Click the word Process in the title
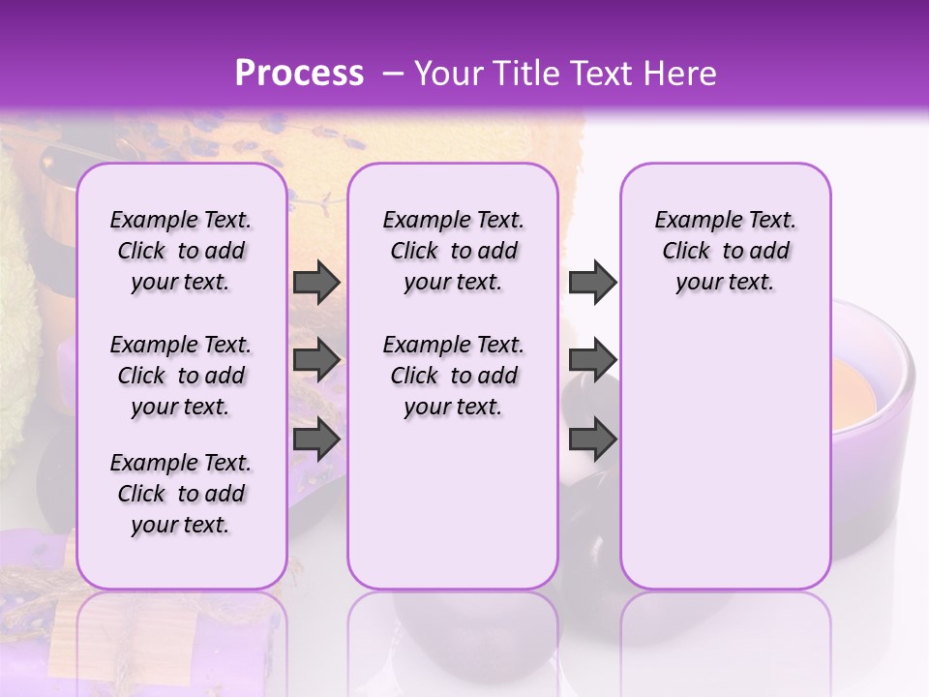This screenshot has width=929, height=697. (299, 74)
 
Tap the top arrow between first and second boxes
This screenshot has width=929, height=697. (316, 282)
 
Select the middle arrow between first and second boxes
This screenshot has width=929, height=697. (316, 360)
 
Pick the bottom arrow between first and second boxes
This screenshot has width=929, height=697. (316, 439)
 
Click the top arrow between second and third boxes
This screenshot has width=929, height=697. (592, 282)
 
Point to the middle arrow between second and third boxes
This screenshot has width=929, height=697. (592, 360)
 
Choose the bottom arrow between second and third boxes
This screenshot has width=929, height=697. (592, 439)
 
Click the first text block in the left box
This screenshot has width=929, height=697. (181, 251)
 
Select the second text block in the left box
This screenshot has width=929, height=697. (181, 376)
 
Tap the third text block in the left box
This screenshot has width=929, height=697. (181, 494)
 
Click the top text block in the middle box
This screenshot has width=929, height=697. (453, 251)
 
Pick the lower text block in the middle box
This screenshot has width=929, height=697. (453, 376)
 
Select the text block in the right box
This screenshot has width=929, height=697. (725, 251)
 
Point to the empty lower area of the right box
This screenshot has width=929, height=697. (725, 455)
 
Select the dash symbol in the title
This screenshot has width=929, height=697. (393, 74)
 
